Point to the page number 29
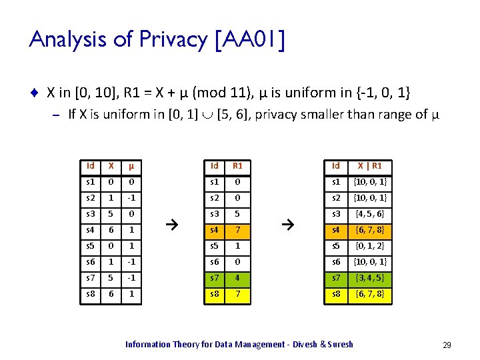point(447,345)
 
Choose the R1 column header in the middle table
point(239,165)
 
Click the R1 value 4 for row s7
point(239,278)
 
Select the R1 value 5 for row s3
point(239,214)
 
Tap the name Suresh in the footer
point(340,345)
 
